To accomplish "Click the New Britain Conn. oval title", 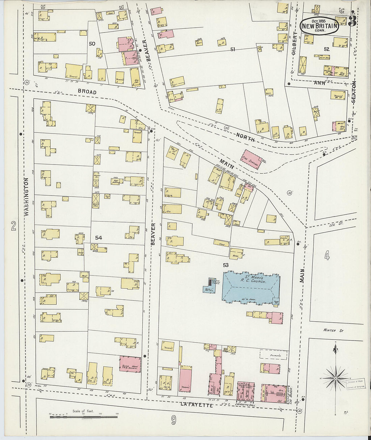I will [x=319, y=26].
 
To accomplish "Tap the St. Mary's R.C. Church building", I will [x=251, y=286].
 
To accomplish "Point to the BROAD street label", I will [x=87, y=92].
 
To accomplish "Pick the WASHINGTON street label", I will [x=27, y=197].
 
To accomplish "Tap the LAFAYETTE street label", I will [x=197, y=405].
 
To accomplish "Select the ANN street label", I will [x=320, y=83].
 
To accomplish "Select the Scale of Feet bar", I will [x=83, y=417].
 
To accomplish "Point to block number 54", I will [x=98, y=238].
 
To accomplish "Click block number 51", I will [x=232, y=50].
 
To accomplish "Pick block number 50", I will [x=92, y=43].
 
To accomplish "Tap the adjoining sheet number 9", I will [x=173, y=420].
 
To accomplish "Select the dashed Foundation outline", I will [x=273, y=355].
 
